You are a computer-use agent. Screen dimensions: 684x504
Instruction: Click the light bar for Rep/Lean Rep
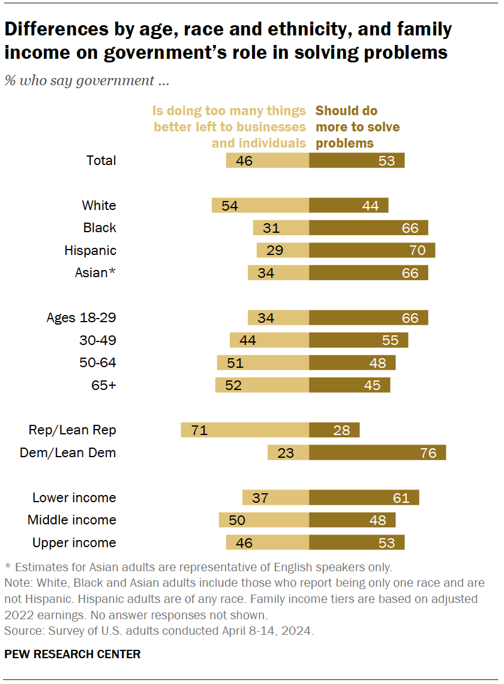(x=245, y=430)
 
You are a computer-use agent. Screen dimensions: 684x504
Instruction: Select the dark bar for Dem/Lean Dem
(x=377, y=452)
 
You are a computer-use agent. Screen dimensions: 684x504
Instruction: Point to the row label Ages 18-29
(x=81, y=317)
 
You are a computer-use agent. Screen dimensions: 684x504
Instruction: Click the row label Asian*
(x=95, y=273)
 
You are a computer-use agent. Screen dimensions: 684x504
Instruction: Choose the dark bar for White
(x=349, y=205)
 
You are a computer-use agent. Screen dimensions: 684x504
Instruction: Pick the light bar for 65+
(x=262, y=385)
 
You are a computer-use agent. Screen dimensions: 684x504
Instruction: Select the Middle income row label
(x=72, y=520)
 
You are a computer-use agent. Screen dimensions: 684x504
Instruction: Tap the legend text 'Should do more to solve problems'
(x=358, y=127)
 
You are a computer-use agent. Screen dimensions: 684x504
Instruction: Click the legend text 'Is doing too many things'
(x=229, y=111)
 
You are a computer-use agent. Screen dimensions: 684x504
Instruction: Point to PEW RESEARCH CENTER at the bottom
(x=73, y=654)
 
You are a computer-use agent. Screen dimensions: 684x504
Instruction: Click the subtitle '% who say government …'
(x=88, y=81)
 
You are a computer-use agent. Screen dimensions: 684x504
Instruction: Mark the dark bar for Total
(x=356, y=160)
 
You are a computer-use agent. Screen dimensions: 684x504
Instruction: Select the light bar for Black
(x=281, y=228)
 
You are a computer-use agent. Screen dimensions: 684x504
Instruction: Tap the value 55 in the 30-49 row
(x=390, y=340)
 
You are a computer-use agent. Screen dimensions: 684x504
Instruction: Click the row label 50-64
(x=98, y=362)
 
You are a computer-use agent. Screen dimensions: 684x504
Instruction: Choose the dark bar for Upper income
(x=356, y=542)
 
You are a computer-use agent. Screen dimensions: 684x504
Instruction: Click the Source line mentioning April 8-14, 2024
(x=159, y=631)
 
